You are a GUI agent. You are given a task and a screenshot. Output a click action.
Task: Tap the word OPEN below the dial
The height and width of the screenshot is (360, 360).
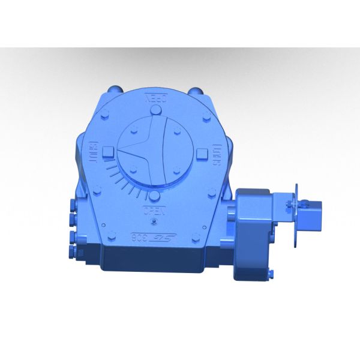point(151,210)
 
